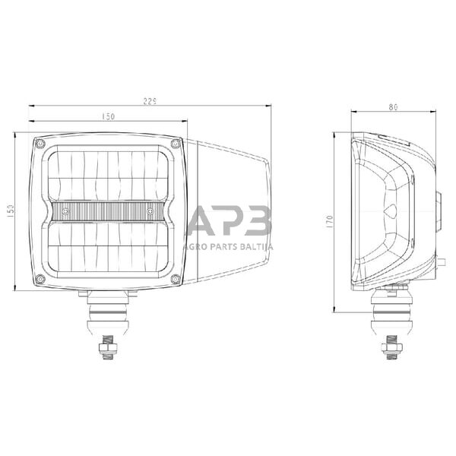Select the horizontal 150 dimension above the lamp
[x=107, y=116]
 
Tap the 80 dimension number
[x=392, y=107]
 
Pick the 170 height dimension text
[x=330, y=221]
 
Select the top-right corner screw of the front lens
[x=176, y=142]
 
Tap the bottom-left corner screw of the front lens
[x=40, y=280]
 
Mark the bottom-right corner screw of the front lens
[x=176, y=280]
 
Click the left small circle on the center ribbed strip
[x=66, y=210]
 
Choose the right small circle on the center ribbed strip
[x=150, y=210]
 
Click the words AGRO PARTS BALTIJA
[x=230, y=245]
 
